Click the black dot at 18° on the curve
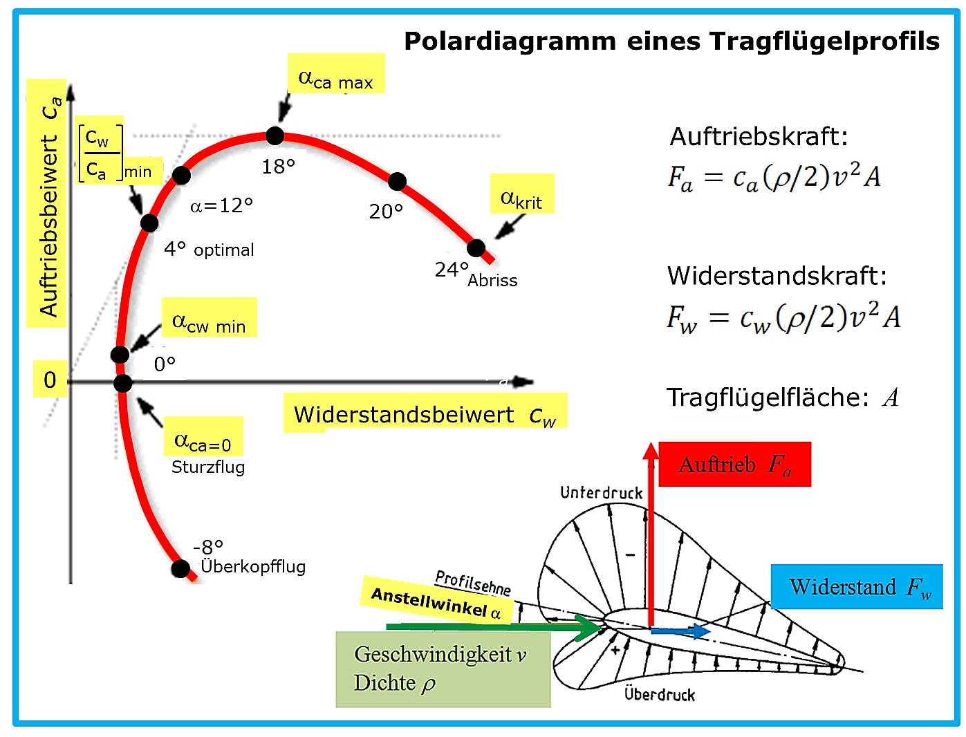(x=275, y=136)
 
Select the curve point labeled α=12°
(x=181, y=175)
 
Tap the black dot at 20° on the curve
(x=397, y=181)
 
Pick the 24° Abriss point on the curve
(x=476, y=248)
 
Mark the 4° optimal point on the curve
(x=149, y=223)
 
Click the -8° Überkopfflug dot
(x=180, y=568)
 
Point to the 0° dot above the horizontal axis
(x=120, y=355)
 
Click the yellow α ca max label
(x=336, y=73)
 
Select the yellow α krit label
(x=522, y=194)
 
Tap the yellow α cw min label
(x=209, y=317)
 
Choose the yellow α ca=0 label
(x=203, y=436)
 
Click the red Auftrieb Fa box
(x=734, y=464)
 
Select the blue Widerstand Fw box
(x=857, y=586)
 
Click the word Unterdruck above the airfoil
(x=601, y=493)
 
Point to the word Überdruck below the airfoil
(x=659, y=694)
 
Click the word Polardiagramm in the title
(x=510, y=42)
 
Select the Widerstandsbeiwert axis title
(x=425, y=413)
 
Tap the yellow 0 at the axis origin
(x=50, y=380)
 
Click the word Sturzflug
(x=207, y=467)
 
